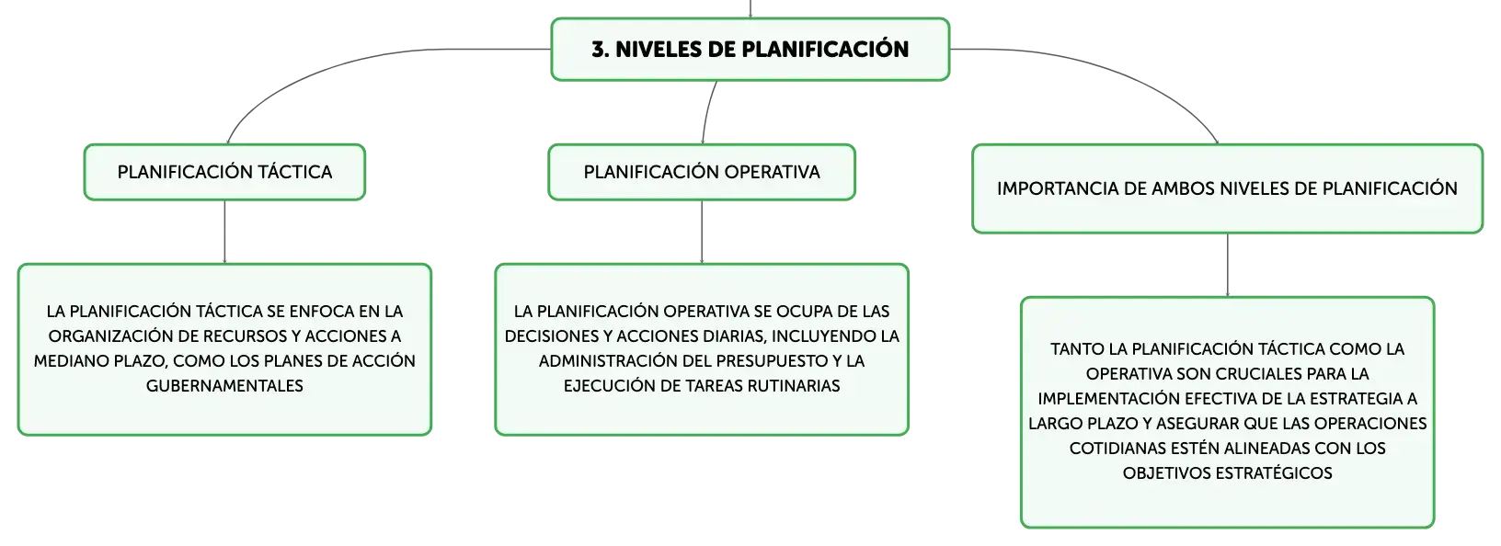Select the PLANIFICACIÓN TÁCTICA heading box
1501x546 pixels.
224,172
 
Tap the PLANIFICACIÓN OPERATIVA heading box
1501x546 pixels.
702,172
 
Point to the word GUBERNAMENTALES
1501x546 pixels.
224,386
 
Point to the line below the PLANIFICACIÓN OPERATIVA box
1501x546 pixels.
702,232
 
